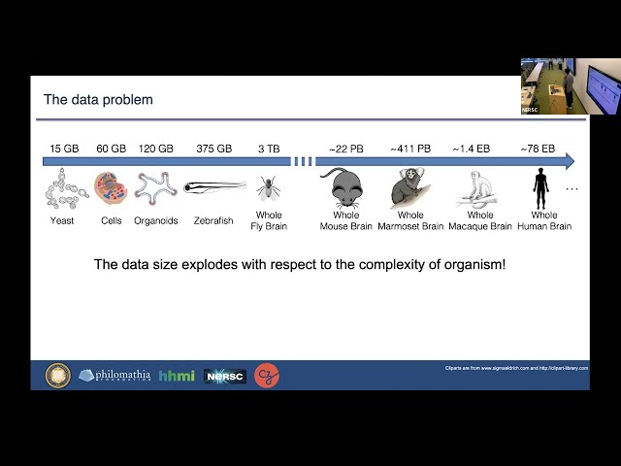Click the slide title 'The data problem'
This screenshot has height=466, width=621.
(x=98, y=100)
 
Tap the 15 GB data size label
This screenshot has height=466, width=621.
(x=64, y=149)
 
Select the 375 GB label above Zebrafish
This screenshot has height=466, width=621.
(x=213, y=149)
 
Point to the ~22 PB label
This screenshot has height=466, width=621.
(x=345, y=149)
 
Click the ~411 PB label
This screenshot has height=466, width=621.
(x=410, y=149)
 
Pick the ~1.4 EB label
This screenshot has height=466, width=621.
(x=471, y=149)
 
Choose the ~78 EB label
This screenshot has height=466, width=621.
(x=537, y=149)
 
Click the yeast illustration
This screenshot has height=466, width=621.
(x=64, y=188)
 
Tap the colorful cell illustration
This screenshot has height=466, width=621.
(x=111, y=187)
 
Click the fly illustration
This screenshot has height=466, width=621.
(x=269, y=187)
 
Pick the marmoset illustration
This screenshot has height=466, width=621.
(x=409, y=188)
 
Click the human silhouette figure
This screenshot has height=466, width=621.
(x=541, y=186)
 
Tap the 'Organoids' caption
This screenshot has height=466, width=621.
(x=157, y=221)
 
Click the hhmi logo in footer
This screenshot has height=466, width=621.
(x=177, y=376)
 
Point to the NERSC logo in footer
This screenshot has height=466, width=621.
(x=225, y=376)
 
